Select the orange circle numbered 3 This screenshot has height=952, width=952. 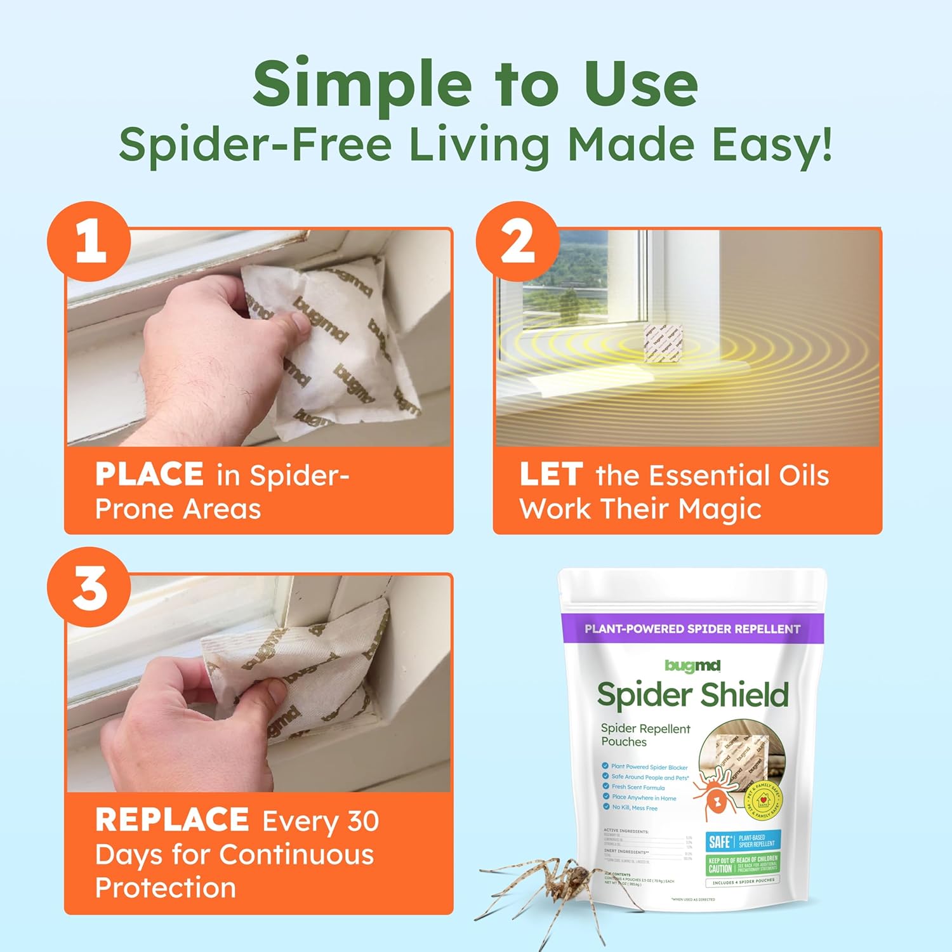tap(89, 587)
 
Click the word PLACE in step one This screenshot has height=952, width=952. tap(149, 474)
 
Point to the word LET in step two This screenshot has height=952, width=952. tap(551, 474)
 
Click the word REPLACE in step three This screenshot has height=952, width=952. tap(171, 820)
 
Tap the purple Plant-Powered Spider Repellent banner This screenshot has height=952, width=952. tap(692, 629)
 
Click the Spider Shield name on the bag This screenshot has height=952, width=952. tap(692, 695)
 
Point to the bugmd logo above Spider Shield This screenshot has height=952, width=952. tap(692, 665)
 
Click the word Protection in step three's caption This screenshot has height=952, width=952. tap(166, 887)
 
